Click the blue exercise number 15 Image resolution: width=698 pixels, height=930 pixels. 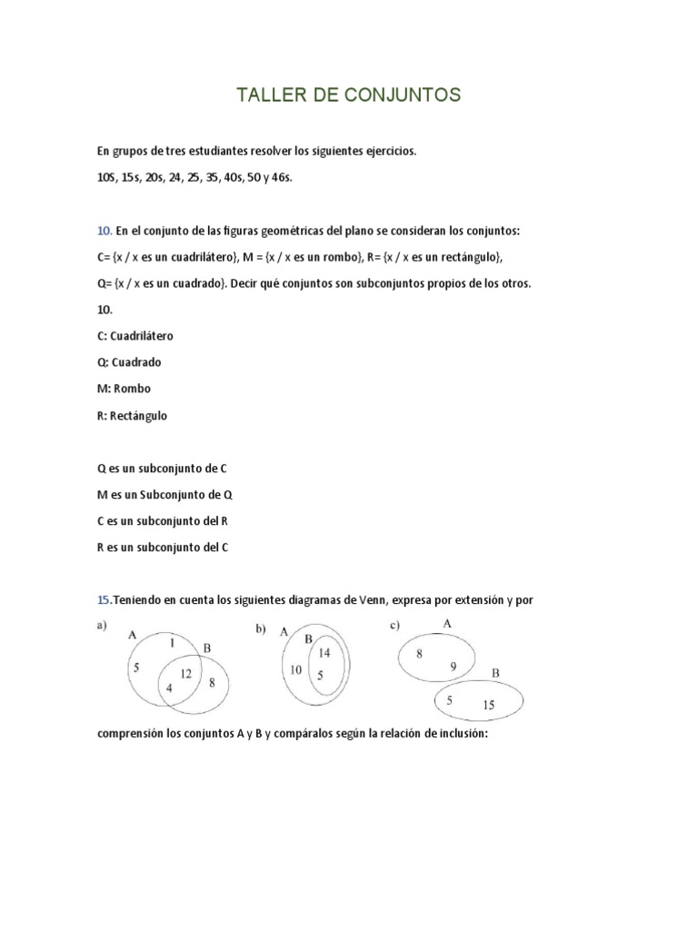click(103, 600)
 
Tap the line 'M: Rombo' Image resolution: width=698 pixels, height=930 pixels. click(124, 388)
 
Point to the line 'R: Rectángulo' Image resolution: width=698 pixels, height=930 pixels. click(132, 415)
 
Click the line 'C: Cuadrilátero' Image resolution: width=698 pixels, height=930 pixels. click(135, 335)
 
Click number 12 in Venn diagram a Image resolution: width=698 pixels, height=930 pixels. click(185, 674)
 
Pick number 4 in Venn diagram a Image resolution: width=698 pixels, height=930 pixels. click(168, 688)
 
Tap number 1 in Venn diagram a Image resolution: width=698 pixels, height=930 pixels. click(172, 643)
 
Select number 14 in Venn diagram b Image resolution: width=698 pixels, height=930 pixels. click(324, 653)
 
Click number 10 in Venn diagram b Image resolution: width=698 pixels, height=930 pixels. click(295, 670)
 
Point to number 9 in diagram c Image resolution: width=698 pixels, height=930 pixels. click(452, 666)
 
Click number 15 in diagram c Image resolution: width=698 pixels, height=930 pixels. click(488, 705)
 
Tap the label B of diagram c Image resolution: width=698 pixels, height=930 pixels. click(495, 673)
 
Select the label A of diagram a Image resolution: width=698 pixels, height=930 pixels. click(133, 635)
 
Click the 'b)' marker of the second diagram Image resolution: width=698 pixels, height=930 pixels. click(260, 628)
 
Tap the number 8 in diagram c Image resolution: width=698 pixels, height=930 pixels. click(418, 653)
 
